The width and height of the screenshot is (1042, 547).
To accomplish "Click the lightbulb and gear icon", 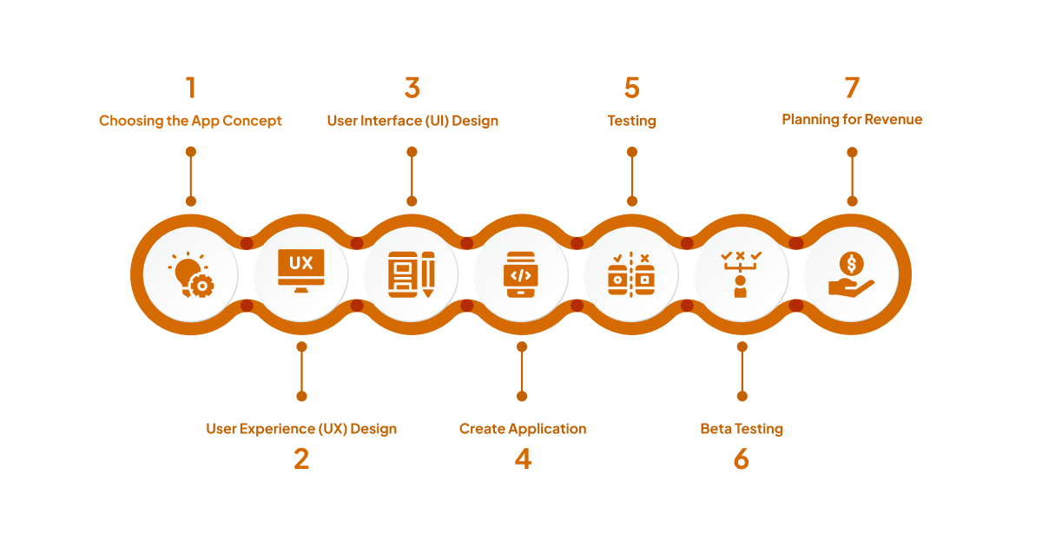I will (190, 275).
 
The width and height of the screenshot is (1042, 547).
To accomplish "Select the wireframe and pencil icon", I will (411, 275).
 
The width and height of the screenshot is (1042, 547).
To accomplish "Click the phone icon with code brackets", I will (521, 275).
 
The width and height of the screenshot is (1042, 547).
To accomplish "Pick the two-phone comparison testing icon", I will (631, 275).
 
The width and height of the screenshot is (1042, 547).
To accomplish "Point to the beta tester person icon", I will (741, 275).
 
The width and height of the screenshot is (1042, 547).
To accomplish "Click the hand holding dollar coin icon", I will (851, 275).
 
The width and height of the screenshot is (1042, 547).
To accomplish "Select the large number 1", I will (190, 88).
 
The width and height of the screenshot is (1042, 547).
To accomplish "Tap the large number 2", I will (301, 458).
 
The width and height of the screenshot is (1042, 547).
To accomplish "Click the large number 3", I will (412, 88).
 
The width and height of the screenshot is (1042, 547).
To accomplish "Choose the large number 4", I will (522, 458).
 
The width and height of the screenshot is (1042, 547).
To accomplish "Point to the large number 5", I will (631, 88).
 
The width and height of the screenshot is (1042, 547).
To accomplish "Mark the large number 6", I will (741, 458).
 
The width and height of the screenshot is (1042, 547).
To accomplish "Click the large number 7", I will (852, 88).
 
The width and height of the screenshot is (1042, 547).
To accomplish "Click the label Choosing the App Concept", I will (190, 121).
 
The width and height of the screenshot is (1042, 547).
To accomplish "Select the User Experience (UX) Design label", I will (301, 429).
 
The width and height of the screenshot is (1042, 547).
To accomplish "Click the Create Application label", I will (522, 429).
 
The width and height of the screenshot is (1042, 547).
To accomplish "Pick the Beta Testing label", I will (742, 429).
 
